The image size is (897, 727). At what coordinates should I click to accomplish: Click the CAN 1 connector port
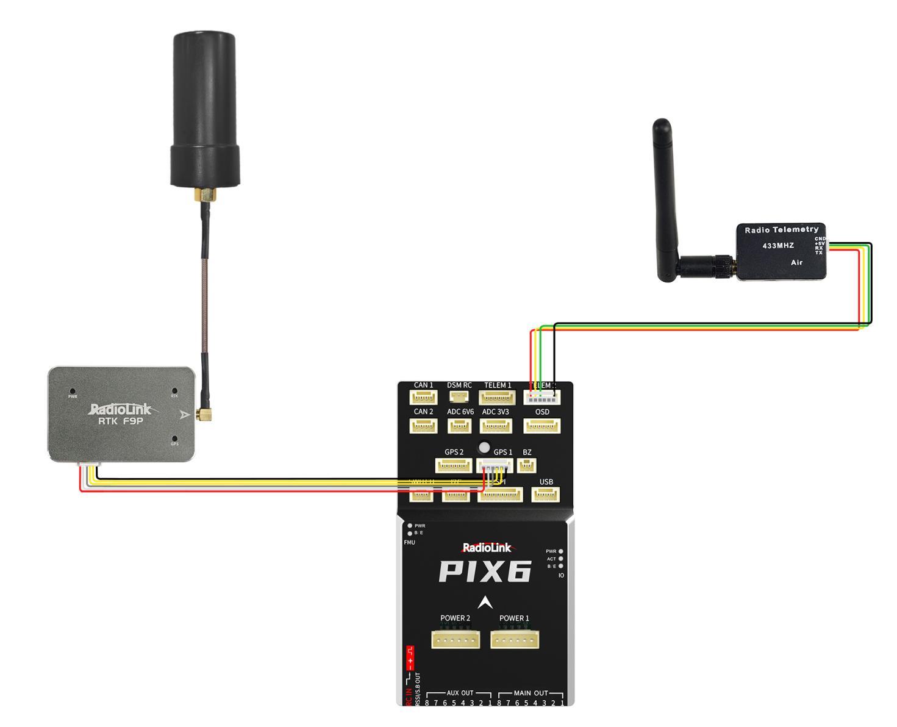pos(423,398)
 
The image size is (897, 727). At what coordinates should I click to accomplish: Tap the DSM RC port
pos(459,397)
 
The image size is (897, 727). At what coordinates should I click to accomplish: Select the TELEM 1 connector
pos(498,398)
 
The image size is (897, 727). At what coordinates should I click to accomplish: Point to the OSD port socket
pos(542,426)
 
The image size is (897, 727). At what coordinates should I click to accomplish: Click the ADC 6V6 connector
pos(459,426)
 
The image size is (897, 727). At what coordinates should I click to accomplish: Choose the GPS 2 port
pos(453,467)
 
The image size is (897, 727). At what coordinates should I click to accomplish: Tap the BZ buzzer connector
pos(527,466)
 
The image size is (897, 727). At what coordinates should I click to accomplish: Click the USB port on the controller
pos(546,495)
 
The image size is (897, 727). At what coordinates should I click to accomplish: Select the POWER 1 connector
pos(515,639)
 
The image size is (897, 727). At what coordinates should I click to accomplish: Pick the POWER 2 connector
pos(456,639)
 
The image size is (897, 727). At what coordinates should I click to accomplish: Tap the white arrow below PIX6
pos(485,602)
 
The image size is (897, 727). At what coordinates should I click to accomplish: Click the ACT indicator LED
pos(560,559)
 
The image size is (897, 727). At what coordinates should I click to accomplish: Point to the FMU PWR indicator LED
pos(410,525)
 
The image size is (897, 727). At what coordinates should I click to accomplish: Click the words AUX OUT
pos(460,693)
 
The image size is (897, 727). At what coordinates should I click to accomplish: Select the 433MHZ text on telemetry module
pos(778,245)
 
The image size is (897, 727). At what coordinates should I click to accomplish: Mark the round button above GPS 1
pos(485,446)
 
